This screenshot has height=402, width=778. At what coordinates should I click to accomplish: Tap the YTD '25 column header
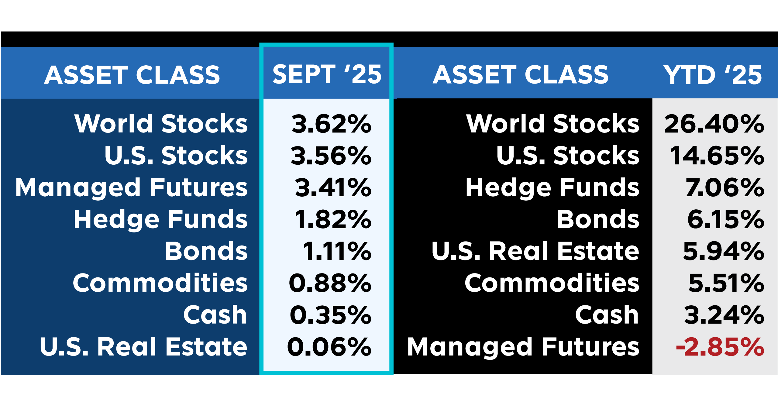coord(713,75)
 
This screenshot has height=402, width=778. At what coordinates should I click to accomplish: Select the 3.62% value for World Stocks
coord(331,124)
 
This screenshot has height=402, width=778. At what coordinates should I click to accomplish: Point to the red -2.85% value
coord(720,347)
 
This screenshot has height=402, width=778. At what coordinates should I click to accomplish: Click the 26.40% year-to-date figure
coord(714,124)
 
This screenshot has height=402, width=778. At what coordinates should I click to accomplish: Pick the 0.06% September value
coord(329,347)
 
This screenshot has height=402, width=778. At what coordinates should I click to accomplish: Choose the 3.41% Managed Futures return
coord(333,187)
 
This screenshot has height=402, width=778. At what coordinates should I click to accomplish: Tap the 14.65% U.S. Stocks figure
coord(717,156)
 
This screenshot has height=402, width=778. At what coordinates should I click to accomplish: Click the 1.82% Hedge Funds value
coord(333,219)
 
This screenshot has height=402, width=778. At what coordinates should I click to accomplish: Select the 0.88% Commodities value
coord(330,283)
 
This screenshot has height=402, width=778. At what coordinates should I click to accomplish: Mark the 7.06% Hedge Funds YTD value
coord(725,187)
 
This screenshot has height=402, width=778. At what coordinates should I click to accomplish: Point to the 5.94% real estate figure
coord(724,251)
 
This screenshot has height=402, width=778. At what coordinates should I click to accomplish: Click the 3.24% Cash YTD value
coord(724,315)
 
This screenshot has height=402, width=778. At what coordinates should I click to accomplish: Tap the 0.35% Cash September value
coord(331,315)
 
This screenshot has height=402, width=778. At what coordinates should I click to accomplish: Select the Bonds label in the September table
coord(206,251)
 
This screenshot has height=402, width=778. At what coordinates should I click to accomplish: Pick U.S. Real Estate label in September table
coord(143,346)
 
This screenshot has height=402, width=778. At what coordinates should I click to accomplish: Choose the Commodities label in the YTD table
coord(552,283)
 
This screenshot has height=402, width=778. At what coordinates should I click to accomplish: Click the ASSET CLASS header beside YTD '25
coord(521,75)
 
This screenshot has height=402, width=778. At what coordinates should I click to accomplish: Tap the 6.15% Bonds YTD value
coord(726,219)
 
